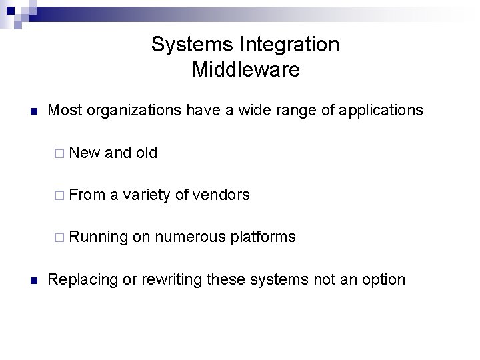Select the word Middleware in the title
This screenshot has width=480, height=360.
click(x=245, y=69)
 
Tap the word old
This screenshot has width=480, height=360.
click(x=146, y=153)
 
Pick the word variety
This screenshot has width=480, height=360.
click(x=148, y=195)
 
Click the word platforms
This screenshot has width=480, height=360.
click(x=265, y=237)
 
